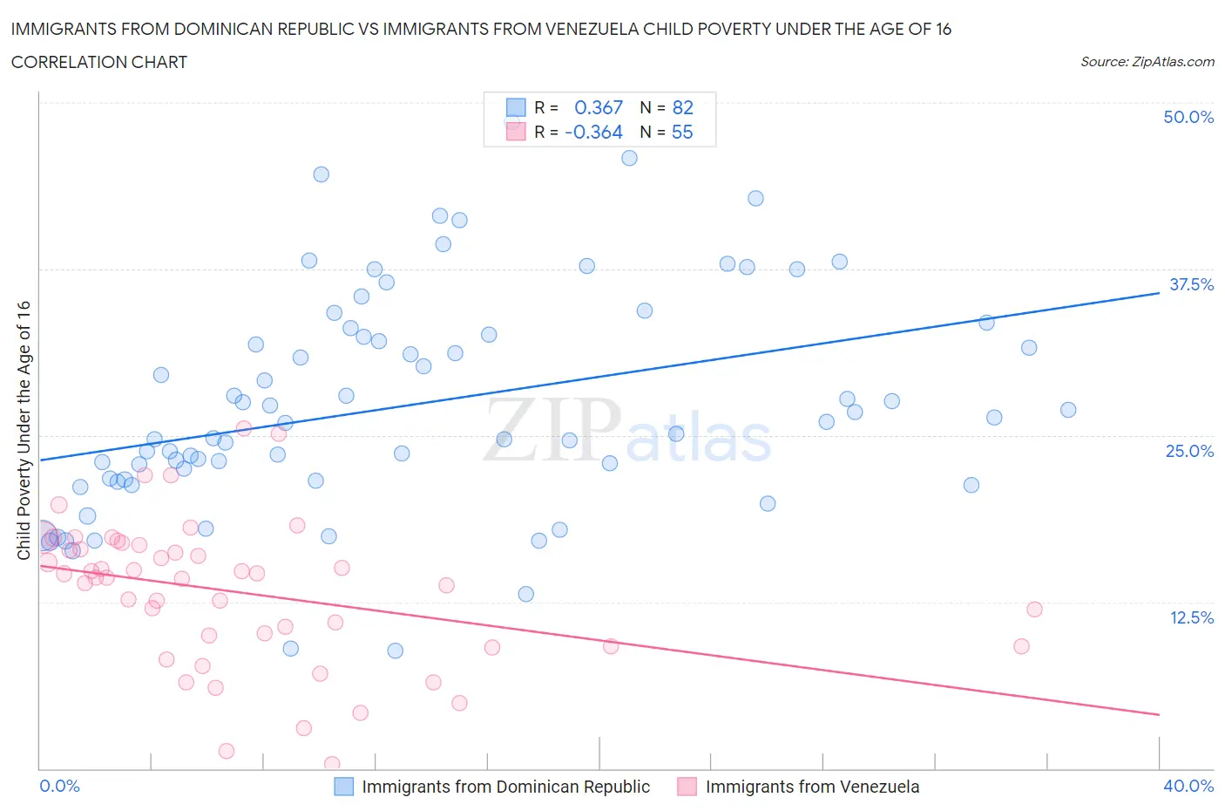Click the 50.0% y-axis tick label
(1188, 117)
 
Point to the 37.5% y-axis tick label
(1191, 284)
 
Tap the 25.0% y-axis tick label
(1189, 451)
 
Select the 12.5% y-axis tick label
(1191, 617)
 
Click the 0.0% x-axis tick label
(59, 786)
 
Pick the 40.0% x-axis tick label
(1188, 786)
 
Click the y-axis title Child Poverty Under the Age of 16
(24, 430)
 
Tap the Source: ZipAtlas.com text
(1147, 62)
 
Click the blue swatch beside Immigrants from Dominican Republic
(344, 787)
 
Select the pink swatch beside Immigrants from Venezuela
(687, 787)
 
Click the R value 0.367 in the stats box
(599, 107)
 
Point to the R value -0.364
(593, 132)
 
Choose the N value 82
(682, 107)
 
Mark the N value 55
(682, 132)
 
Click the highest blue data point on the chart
(629, 158)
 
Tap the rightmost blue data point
(1068, 410)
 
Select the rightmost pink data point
(1034, 610)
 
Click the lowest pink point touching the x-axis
(332, 764)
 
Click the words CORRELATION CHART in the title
(99, 62)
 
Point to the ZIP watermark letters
(552, 430)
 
